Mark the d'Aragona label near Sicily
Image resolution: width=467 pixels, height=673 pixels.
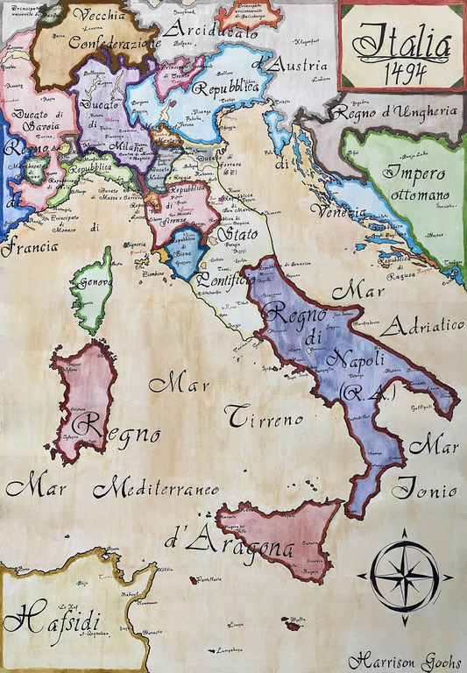click(228, 543)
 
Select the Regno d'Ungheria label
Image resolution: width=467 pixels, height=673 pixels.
click(402, 113)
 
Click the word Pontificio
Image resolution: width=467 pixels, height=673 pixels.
click(226, 280)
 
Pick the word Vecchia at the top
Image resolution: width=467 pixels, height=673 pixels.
click(98, 15)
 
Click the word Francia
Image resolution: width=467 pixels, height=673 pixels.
click(28, 247)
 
